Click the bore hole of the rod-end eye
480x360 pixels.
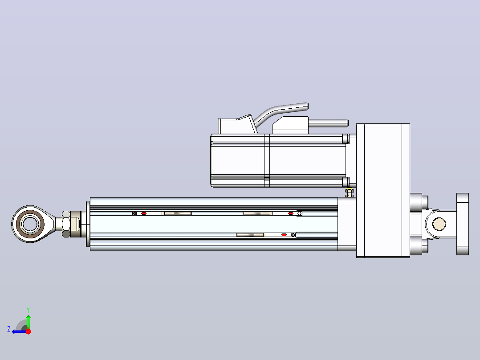pos(30,224)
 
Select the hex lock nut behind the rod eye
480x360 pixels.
pos(66,224)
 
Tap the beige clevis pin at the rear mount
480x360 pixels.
pos(439,224)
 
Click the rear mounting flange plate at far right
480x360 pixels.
pos(463,224)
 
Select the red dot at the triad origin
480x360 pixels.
pos(28,331)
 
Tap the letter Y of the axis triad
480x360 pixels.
pos(28,310)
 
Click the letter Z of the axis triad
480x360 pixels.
pos(9,329)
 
